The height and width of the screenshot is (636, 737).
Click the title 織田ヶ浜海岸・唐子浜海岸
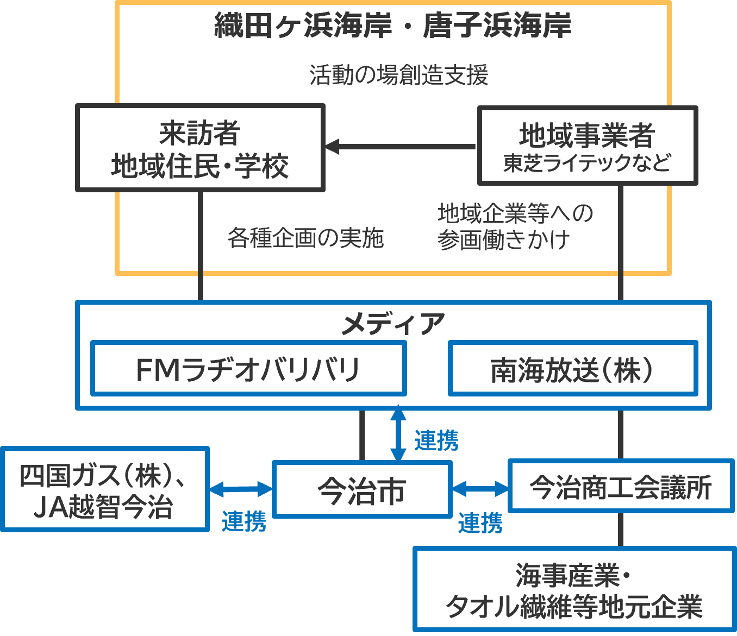392,26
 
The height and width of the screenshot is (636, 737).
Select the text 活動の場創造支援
399,75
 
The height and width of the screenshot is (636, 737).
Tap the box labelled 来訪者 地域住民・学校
200,148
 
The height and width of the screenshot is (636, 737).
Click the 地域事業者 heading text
587,135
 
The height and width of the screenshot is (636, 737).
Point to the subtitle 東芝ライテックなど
587,163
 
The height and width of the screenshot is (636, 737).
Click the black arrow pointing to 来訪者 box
400,146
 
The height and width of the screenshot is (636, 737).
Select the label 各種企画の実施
305,238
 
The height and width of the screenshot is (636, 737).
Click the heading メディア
392,324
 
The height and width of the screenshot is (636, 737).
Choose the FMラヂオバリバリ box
248,369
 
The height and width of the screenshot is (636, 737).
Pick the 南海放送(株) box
572,369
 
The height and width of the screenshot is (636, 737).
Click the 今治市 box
362,489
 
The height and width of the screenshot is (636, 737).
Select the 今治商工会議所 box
621,486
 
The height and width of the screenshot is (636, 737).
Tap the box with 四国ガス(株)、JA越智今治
104,489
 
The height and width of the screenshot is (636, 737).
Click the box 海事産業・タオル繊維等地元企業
574,590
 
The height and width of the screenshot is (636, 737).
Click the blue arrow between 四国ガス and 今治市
241,489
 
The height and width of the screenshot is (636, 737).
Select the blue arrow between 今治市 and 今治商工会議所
480,489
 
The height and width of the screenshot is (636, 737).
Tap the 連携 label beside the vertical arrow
436,440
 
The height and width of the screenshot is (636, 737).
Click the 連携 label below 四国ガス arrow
244,521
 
